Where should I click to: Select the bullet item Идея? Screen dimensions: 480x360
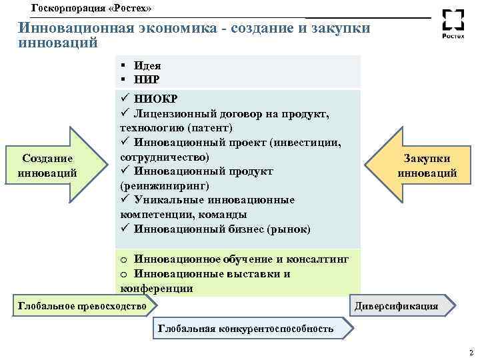pyautogui.click(x=147, y=66)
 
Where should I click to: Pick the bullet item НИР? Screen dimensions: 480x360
pyautogui.click(x=147, y=79)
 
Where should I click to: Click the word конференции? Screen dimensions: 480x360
pyautogui.click(x=157, y=289)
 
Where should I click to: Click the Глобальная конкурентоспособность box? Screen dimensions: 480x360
pyautogui.click(x=245, y=329)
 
